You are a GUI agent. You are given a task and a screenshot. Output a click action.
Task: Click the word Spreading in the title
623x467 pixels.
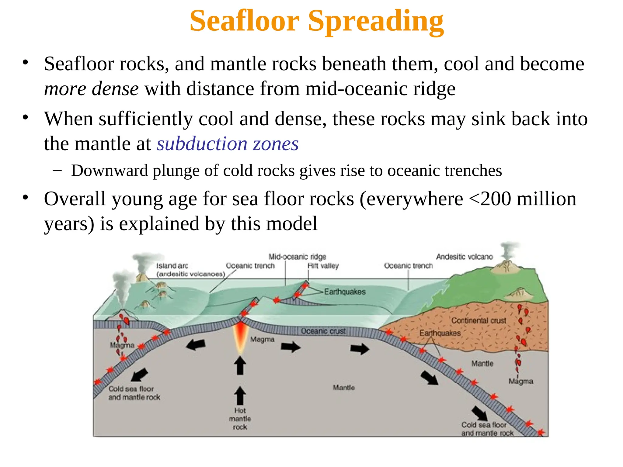tap(376, 21)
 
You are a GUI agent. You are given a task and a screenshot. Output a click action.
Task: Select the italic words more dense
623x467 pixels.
tap(91, 89)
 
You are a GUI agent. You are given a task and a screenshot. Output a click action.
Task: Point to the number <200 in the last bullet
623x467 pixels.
tap(490, 199)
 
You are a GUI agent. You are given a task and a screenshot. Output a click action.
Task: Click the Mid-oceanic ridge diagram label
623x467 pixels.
tap(297, 257)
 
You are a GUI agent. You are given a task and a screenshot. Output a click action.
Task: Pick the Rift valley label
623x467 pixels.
tap(323, 266)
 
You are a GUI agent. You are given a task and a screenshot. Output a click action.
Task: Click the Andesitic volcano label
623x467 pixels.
tap(464, 257)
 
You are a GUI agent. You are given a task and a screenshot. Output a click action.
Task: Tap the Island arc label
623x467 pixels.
tap(172, 266)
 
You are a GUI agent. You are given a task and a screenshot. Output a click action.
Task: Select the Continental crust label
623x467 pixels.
tap(479, 320)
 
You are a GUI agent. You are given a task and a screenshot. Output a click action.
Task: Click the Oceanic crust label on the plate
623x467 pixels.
tap(323, 331)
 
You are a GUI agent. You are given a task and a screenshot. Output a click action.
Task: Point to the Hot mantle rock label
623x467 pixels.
tap(240, 419)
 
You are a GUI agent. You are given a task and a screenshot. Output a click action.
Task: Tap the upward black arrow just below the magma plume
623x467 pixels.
tap(240, 365)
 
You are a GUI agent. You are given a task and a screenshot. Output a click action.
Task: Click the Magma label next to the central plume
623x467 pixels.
tap(263, 339)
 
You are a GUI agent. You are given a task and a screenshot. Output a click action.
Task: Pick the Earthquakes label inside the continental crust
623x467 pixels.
tap(440, 333)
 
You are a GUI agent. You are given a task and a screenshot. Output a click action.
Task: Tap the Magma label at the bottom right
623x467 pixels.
tap(521, 381)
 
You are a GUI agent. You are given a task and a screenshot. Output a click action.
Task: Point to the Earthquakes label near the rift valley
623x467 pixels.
tap(345, 292)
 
